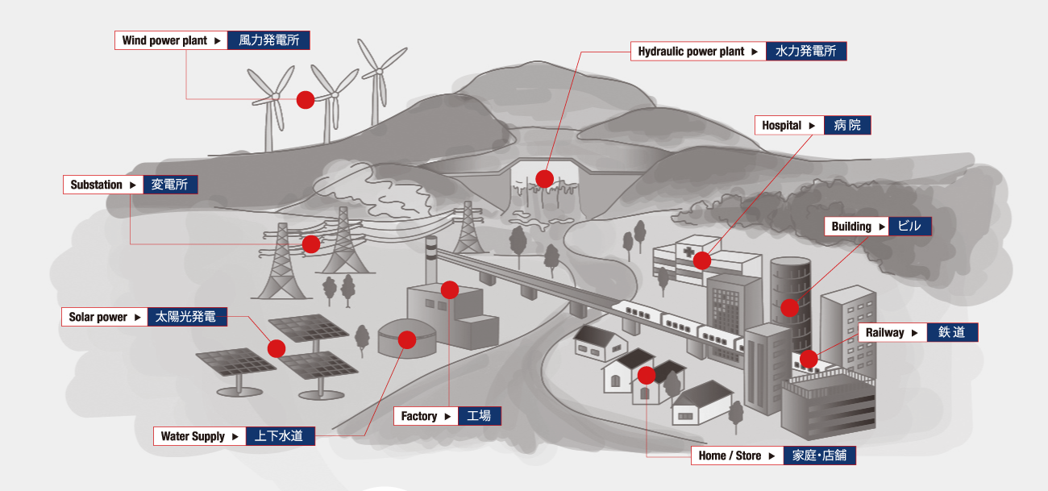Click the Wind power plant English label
164,40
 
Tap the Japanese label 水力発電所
805,51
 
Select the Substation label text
97,185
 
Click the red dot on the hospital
702,260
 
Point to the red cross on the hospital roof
688,252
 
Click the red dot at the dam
545,179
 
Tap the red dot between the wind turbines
306,100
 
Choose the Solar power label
98,317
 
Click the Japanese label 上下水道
279,436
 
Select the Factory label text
418,416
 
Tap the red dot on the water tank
407,339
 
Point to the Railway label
884,332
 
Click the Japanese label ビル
909,226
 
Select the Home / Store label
730,456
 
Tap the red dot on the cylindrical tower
789,307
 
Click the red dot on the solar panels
277,349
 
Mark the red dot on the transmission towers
311,244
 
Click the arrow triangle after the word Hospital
812,126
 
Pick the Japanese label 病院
847,125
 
